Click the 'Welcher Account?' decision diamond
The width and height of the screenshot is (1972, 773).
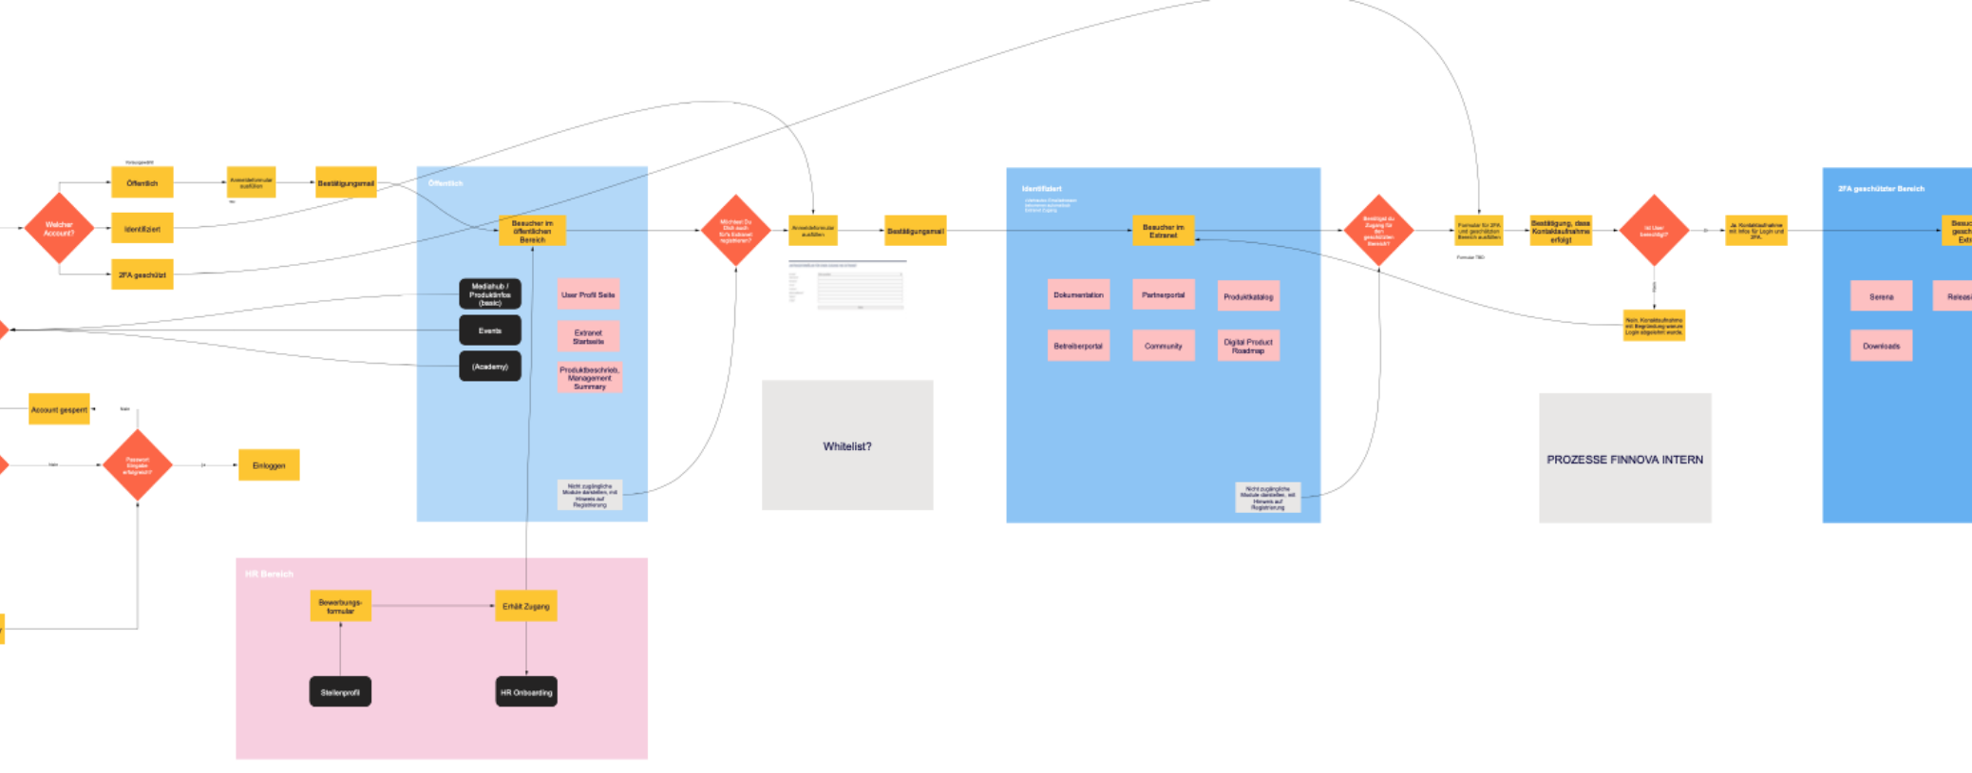(x=59, y=229)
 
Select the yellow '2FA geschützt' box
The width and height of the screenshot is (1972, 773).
(x=142, y=274)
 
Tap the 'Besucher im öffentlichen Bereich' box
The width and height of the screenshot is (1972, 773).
(x=532, y=231)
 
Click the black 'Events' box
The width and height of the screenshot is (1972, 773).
(x=490, y=330)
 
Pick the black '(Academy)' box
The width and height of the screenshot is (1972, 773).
(x=490, y=367)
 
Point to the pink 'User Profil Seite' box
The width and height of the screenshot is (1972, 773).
(x=588, y=294)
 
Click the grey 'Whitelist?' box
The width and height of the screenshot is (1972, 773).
(x=847, y=445)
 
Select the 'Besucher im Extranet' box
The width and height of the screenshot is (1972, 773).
(x=1163, y=231)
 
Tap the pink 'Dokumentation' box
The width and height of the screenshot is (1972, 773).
(x=1078, y=294)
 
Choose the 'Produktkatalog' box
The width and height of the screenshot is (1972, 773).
(x=1248, y=296)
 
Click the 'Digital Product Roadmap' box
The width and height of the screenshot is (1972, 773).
(x=1248, y=346)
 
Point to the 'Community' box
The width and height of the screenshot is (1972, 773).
(x=1163, y=346)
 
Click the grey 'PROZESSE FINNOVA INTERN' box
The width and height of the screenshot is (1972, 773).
(x=1624, y=459)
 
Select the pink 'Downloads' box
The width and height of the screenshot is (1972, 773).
(x=1881, y=346)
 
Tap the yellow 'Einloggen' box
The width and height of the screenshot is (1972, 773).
(x=269, y=465)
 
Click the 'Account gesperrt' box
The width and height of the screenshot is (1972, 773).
(x=59, y=409)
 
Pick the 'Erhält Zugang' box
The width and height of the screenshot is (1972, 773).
(x=525, y=606)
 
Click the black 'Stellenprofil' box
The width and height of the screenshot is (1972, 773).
(x=340, y=692)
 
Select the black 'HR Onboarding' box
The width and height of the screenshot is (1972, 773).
(x=526, y=692)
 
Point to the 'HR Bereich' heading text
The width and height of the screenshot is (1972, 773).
(x=269, y=574)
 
